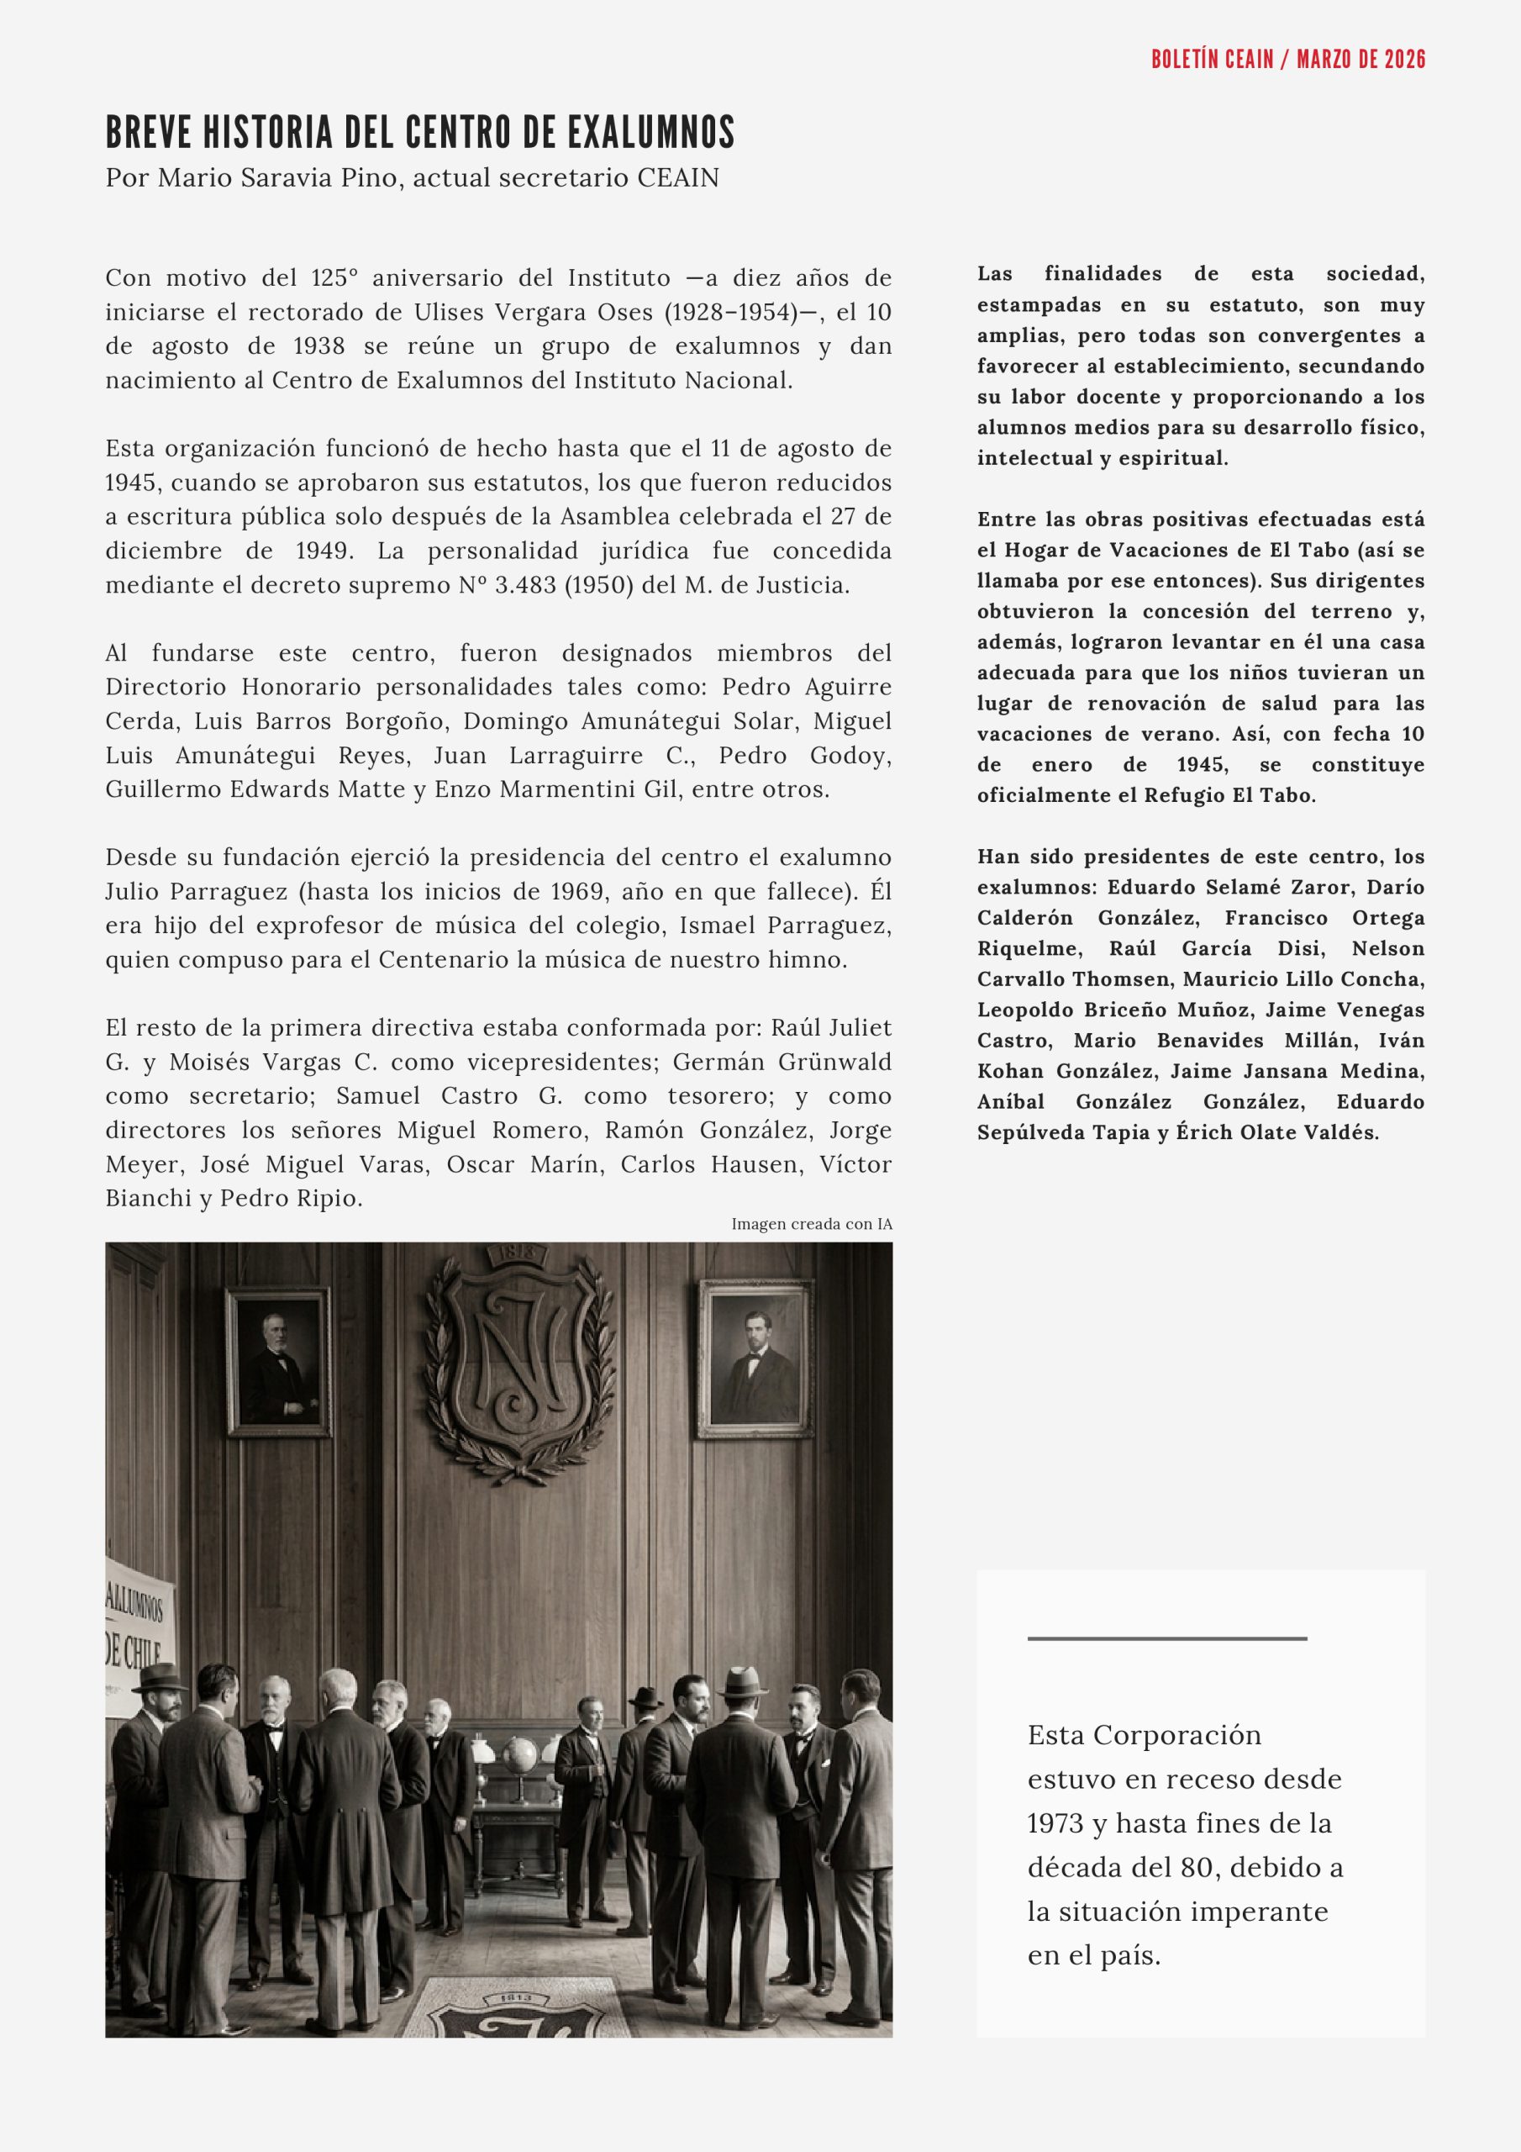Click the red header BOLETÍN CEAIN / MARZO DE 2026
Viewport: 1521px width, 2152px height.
(x=1287, y=59)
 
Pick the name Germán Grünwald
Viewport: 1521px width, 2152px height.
(x=782, y=1062)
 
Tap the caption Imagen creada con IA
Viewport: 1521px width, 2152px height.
(x=812, y=1224)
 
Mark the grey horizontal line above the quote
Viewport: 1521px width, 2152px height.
(x=1166, y=1638)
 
